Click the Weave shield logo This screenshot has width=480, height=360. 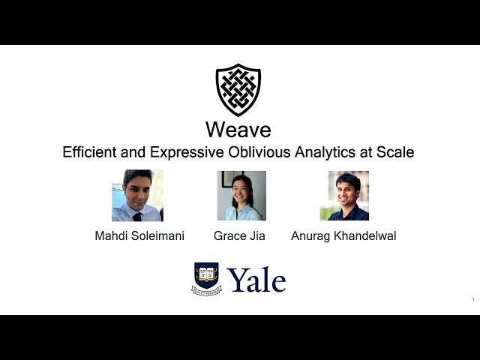pyautogui.click(x=238, y=89)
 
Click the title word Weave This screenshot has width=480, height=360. pyautogui.click(x=238, y=130)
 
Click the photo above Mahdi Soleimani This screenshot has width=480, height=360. pyautogui.click(x=137, y=196)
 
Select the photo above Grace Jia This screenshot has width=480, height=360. pyautogui.click(x=241, y=196)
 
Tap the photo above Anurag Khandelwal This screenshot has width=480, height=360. pyautogui.click(x=344, y=196)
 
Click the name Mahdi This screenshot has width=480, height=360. pyautogui.click(x=113, y=235)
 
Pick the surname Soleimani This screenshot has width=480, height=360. pyautogui.click(x=158, y=235)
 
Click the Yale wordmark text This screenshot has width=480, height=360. pyautogui.click(x=256, y=280)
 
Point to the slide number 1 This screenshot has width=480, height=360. pyautogui.click(x=473, y=300)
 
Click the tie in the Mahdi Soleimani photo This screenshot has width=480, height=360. pyautogui.click(x=137, y=214)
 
